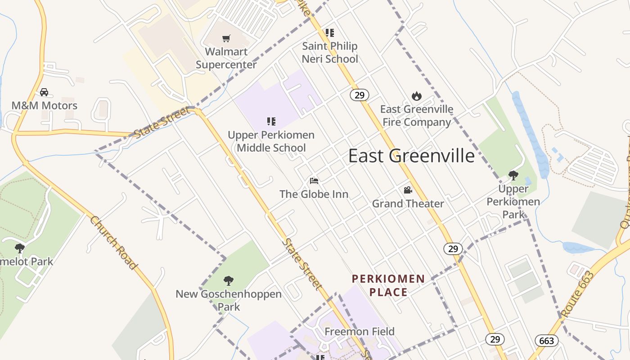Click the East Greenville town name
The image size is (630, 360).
click(x=411, y=156)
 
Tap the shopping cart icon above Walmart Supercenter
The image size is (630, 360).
click(x=226, y=39)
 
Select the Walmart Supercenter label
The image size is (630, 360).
click(x=226, y=58)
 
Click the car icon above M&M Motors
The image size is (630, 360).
click(x=44, y=92)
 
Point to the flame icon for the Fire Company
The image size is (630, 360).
click(x=417, y=96)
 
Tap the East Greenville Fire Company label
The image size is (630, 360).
click(x=417, y=116)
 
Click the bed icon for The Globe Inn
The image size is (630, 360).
click(x=314, y=181)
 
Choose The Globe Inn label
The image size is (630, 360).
click(x=314, y=194)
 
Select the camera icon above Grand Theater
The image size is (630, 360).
click(x=408, y=190)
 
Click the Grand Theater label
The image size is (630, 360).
click(x=408, y=203)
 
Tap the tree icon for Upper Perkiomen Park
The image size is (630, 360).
click(x=513, y=175)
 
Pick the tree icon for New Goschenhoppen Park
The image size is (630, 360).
click(x=229, y=281)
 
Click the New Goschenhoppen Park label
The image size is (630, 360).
click(x=229, y=301)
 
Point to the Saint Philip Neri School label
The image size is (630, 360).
click(x=330, y=52)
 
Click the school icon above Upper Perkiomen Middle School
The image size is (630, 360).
click(x=271, y=121)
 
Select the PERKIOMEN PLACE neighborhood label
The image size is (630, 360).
click(x=388, y=285)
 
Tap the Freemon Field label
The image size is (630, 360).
click(x=360, y=332)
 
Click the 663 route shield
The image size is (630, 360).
click(x=546, y=341)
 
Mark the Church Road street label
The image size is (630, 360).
click(x=113, y=243)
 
